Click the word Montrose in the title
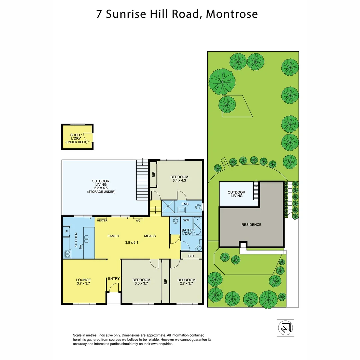point(232,14)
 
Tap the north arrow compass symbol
point(286,328)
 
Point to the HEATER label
point(102,220)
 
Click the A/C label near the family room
point(137,220)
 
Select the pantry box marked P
point(67,232)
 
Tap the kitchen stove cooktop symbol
point(67,254)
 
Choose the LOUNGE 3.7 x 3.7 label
point(83,282)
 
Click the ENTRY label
point(113,279)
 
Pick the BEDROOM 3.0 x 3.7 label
point(141,282)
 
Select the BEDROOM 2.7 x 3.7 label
point(186,282)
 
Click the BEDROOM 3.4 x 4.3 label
point(179,179)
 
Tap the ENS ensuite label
point(185,204)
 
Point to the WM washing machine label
point(186,220)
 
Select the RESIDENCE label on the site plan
point(251,225)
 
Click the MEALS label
point(150,236)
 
